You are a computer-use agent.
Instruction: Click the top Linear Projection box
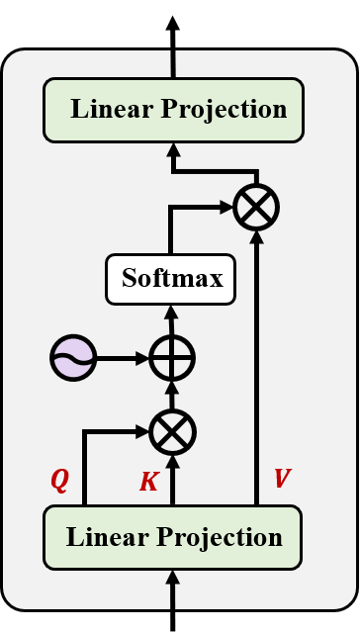pyautogui.click(x=173, y=110)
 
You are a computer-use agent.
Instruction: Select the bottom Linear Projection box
pyautogui.click(x=173, y=538)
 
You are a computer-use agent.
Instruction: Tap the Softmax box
pyautogui.click(x=171, y=279)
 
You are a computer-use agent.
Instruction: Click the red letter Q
pyautogui.click(x=60, y=481)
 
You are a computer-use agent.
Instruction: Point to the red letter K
pyautogui.click(x=148, y=482)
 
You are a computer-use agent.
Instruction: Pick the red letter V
pyautogui.click(x=282, y=480)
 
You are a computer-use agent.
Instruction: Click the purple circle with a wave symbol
pyautogui.click(x=73, y=357)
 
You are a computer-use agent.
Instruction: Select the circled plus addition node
pyautogui.click(x=172, y=357)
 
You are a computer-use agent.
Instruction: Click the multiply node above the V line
pyautogui.click(x=256, y=208)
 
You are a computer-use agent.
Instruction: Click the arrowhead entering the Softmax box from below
pyautogui.click(x=172, y=312)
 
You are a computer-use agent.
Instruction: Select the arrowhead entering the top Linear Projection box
pyautogui.click(x=173, y=149)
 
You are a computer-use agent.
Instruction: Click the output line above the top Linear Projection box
pyautogui.click(x=173, y=65)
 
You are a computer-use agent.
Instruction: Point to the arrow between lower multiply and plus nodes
pyautogui.click(x=172, y=395)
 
